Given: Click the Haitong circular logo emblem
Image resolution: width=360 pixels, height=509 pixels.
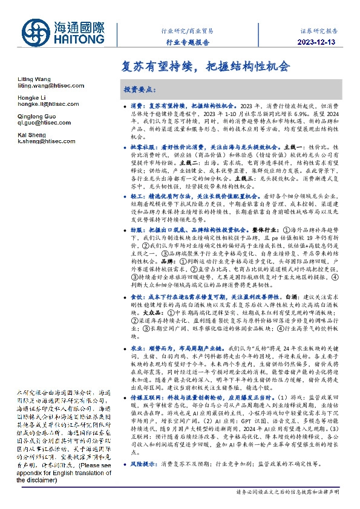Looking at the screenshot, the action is point(38,33).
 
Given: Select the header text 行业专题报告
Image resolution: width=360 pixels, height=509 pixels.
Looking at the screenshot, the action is point(187,43).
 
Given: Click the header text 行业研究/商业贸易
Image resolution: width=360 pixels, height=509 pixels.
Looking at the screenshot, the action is point(187,30).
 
